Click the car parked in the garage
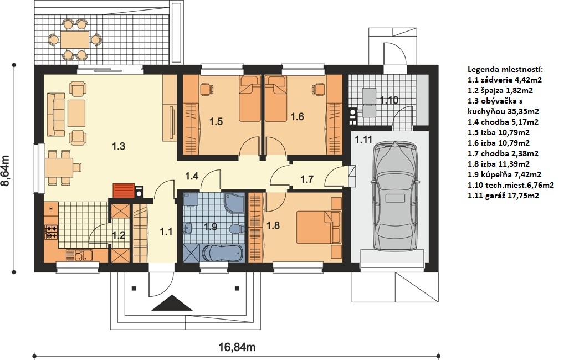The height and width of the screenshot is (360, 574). (394, 196)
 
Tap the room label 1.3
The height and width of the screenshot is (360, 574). (118, 146)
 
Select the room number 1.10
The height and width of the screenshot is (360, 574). (389, 100)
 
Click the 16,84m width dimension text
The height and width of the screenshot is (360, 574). (237, 347)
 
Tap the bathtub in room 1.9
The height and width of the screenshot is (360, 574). (222, 253)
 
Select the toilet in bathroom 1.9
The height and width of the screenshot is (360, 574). (237, 229)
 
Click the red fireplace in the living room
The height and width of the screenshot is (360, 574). (124, 190)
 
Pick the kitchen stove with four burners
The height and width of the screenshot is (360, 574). (51, 232)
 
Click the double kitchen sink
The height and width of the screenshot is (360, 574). (79, 255)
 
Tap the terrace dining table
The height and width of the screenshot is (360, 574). (75, 39)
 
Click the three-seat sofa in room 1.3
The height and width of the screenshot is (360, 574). (55, 115)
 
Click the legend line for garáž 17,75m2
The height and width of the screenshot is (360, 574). (503, 196)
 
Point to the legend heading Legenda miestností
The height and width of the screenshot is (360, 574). (505, 70)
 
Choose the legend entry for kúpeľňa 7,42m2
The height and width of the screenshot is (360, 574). (504, 174)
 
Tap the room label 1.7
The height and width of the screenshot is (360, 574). (307, 179)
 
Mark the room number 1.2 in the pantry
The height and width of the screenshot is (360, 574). (119, 235)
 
